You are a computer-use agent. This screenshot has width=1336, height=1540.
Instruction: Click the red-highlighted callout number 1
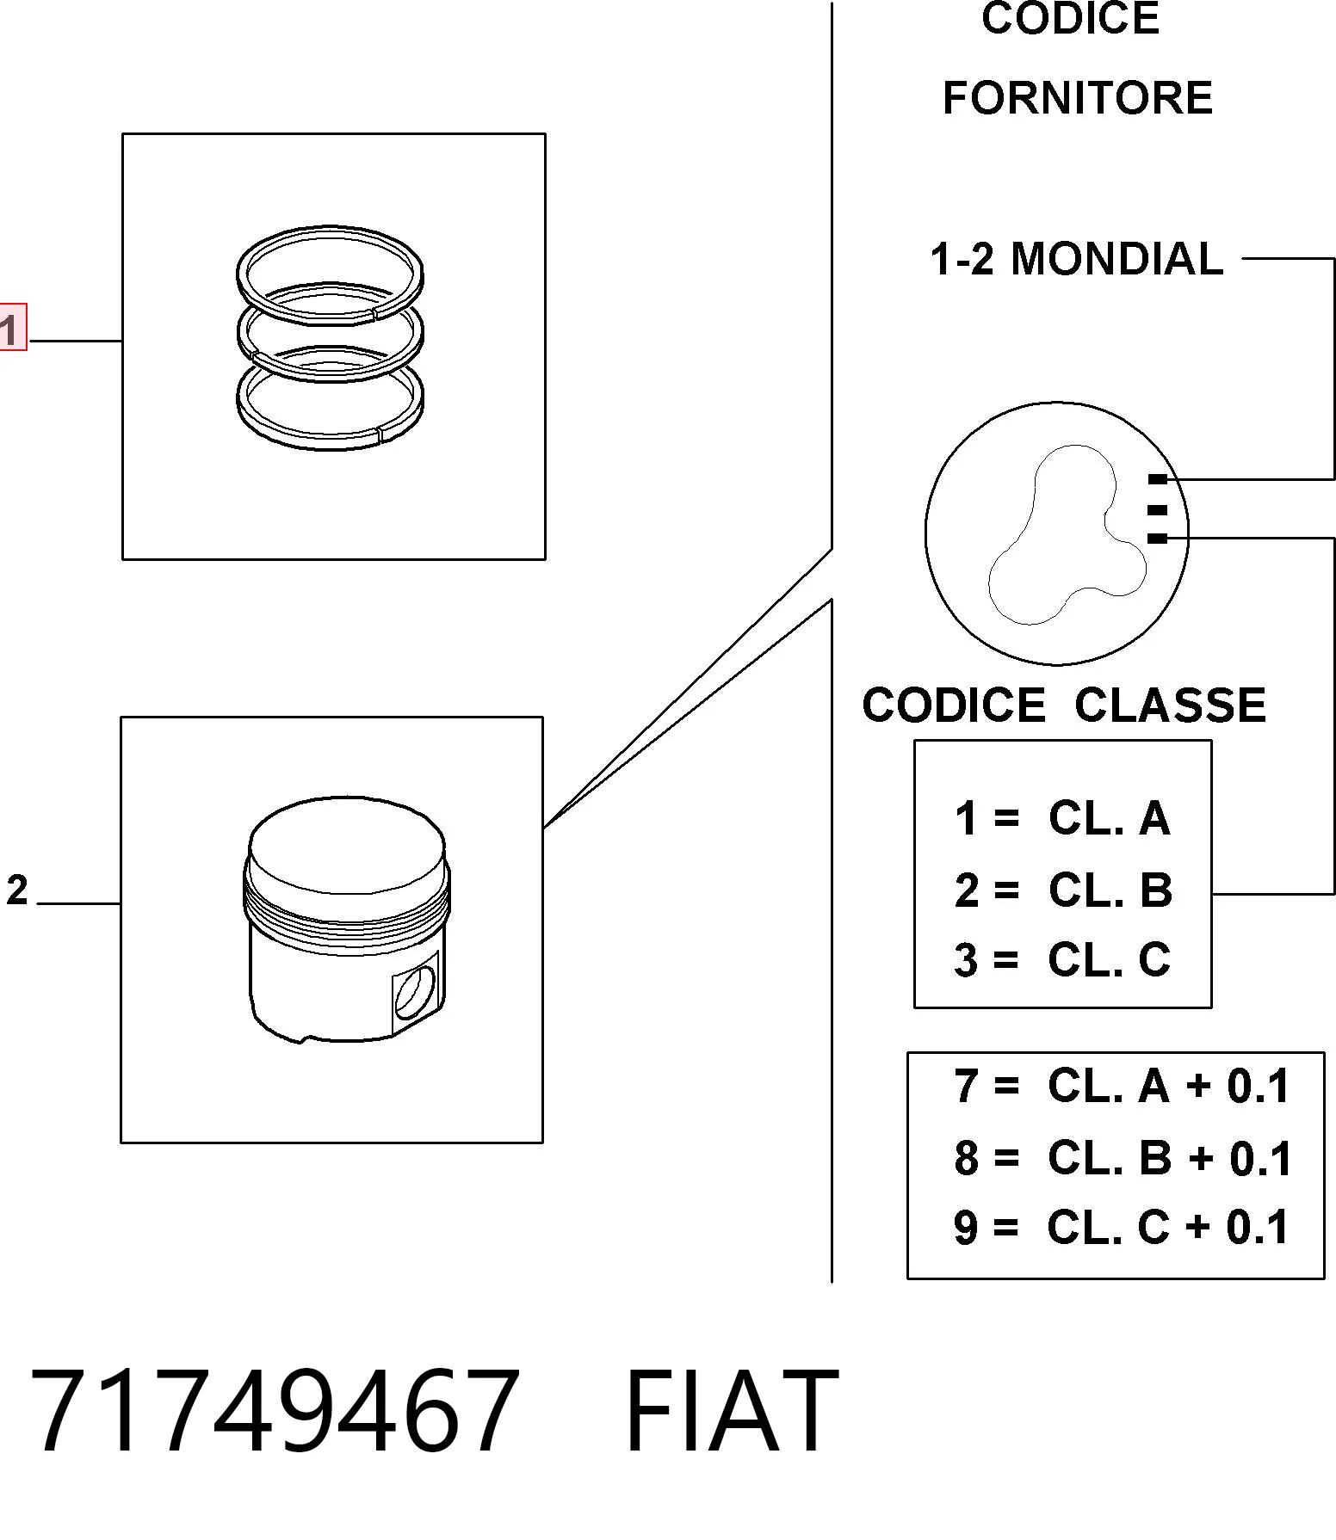point(12,327)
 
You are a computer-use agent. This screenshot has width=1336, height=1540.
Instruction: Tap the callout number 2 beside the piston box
point(17,890)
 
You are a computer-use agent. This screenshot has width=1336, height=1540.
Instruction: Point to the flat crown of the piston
point(346,847)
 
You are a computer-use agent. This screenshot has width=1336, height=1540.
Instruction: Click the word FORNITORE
point(1078,98)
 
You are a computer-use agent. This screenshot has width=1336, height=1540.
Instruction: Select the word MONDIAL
point(1116,259)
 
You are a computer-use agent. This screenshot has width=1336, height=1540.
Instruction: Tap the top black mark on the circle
point(1158,479)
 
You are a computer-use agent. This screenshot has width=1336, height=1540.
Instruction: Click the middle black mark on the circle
point(1158,510)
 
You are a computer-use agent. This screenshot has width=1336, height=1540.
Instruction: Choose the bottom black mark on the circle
point(1158,539)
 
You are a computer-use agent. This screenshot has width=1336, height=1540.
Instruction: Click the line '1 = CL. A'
point(1062,818)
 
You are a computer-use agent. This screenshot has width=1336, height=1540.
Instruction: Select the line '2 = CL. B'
point(1063,890)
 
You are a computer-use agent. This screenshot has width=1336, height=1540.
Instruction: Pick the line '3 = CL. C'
point(1062,960)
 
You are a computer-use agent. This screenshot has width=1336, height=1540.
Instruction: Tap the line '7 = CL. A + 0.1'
point(1122,1086)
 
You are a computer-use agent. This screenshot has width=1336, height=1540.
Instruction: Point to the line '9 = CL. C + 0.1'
point(1122,1227)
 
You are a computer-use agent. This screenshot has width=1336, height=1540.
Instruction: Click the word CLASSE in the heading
point(1170,705)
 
